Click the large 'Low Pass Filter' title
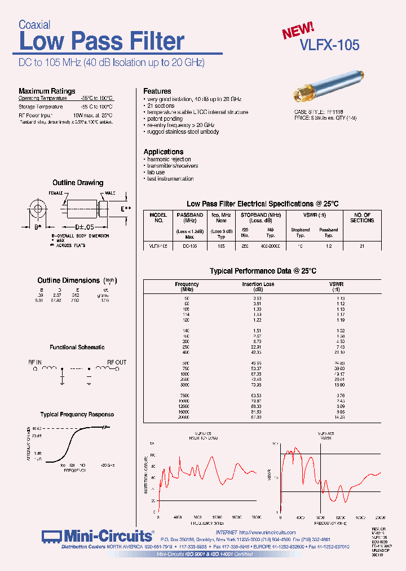click(101, 42)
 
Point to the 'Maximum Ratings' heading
click(47, 91)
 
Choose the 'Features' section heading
click(157, 91)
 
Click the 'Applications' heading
click(164, 152)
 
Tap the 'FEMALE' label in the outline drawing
click(56, 193)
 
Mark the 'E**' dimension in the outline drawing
click(126, 209)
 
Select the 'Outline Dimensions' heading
click(68, 280)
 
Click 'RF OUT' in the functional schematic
click(117, 362)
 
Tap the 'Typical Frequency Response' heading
click(77, 414)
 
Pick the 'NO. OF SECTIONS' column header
click(362, 218)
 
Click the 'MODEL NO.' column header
click(158, 218)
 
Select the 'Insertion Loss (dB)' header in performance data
click(258, 287)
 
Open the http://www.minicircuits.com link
click(267, 532)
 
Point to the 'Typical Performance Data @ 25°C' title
click(263, 271)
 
